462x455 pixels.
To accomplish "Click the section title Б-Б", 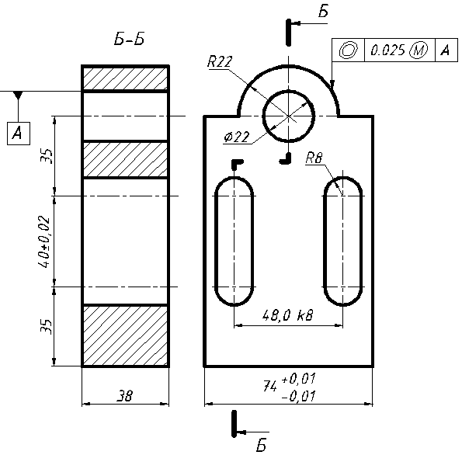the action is pos(129,39).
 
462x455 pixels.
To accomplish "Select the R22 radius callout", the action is pos(220,61).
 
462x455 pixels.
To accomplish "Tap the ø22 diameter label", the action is pos(237,137).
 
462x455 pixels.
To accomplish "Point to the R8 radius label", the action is pos(314,158).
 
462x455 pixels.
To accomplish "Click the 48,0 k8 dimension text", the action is pos(287,315).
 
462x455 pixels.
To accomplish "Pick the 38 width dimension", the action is pos(125,395).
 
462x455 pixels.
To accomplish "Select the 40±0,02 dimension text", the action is pos(43,241).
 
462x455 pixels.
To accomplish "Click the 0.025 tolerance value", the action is pos(387,50).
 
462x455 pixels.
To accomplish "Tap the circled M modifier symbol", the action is pos(419,50).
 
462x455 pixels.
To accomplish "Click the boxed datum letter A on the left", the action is pos(19,134).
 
